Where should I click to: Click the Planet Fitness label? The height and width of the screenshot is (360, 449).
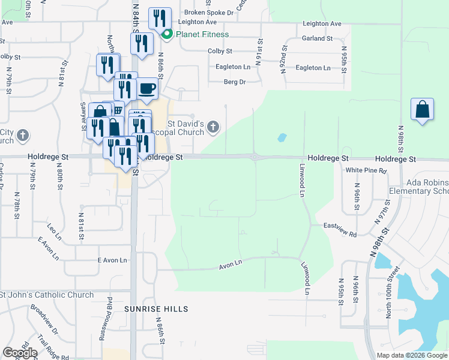(202, 34)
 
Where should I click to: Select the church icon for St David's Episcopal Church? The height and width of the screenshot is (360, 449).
(213, 127)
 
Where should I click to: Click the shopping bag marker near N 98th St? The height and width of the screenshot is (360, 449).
(423, 110)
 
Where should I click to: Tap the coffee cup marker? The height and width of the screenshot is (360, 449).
(146, 89)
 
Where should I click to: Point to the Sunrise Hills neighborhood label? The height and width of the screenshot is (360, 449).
(156, 309)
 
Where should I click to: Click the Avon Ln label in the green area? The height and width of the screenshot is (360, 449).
(230, 263)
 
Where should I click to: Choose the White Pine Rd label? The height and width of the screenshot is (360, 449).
(366, 170)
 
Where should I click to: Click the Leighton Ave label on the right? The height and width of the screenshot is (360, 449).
(322, 24)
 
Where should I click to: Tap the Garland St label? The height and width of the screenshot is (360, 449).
(318, 38)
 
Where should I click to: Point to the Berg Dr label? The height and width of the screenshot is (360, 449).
(235, 82)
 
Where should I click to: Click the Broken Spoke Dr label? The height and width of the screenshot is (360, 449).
(209, 12)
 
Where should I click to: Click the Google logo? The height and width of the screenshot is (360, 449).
(20, 353)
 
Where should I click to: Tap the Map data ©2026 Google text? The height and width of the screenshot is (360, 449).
(412, 355)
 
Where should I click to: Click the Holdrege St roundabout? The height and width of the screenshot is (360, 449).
(255, 158)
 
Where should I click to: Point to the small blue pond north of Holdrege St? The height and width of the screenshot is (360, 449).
(282, 137)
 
